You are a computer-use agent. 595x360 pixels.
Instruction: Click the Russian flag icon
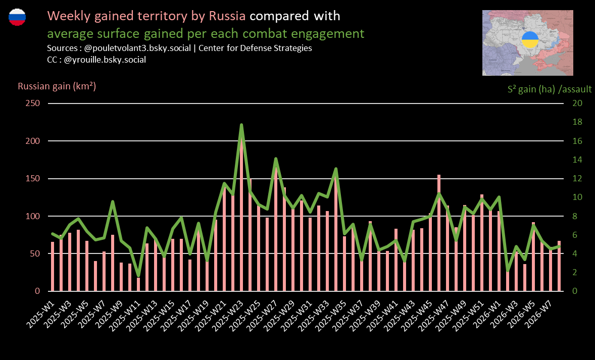pyautogui.click(x=17, y=17)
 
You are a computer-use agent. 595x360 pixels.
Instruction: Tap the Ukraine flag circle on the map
pyautogui.click(x=529, y=39)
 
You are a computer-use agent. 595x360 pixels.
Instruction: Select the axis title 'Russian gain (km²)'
pyautogui.click(x=57, y=86)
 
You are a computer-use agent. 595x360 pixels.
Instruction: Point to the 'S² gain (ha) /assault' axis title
pyautogui.click(x=550, y=89)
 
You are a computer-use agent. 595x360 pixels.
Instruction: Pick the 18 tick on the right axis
pyautogui.click(x=577, y=122)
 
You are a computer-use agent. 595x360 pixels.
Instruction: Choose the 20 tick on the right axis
pyautogui.click(x=577, y=104)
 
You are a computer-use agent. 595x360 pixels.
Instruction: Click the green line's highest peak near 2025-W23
pyautogui.click(x=241, y=125)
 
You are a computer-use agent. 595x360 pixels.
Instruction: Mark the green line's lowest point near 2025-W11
pyautogui.click(x=138, y=276)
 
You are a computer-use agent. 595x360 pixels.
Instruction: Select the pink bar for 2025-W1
pyautogui.click(x=53, y=267)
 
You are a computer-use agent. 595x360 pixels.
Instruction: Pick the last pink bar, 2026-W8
pyautogui.click(x=559, y=266)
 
